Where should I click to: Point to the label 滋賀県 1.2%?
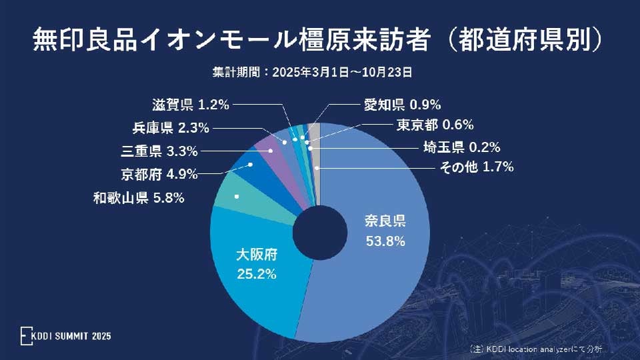coord(190,105)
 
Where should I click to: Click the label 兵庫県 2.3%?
coord(171,128)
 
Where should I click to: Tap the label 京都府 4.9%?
coord(159,175)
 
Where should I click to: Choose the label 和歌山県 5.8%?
coord(138,198)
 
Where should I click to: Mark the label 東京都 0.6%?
coord(435,125)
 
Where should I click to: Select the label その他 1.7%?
coord(476,167)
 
